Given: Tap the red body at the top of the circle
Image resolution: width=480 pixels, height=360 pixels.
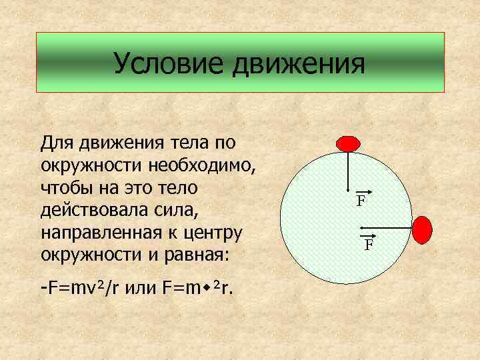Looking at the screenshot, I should pyautogui.click(x=347, y=143).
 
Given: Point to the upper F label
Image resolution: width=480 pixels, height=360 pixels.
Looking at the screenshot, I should pyautogui.click(x=360, y=200).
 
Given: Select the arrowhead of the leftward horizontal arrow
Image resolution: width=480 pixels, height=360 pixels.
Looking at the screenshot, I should pyautogui.click(x=364, y=229).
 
